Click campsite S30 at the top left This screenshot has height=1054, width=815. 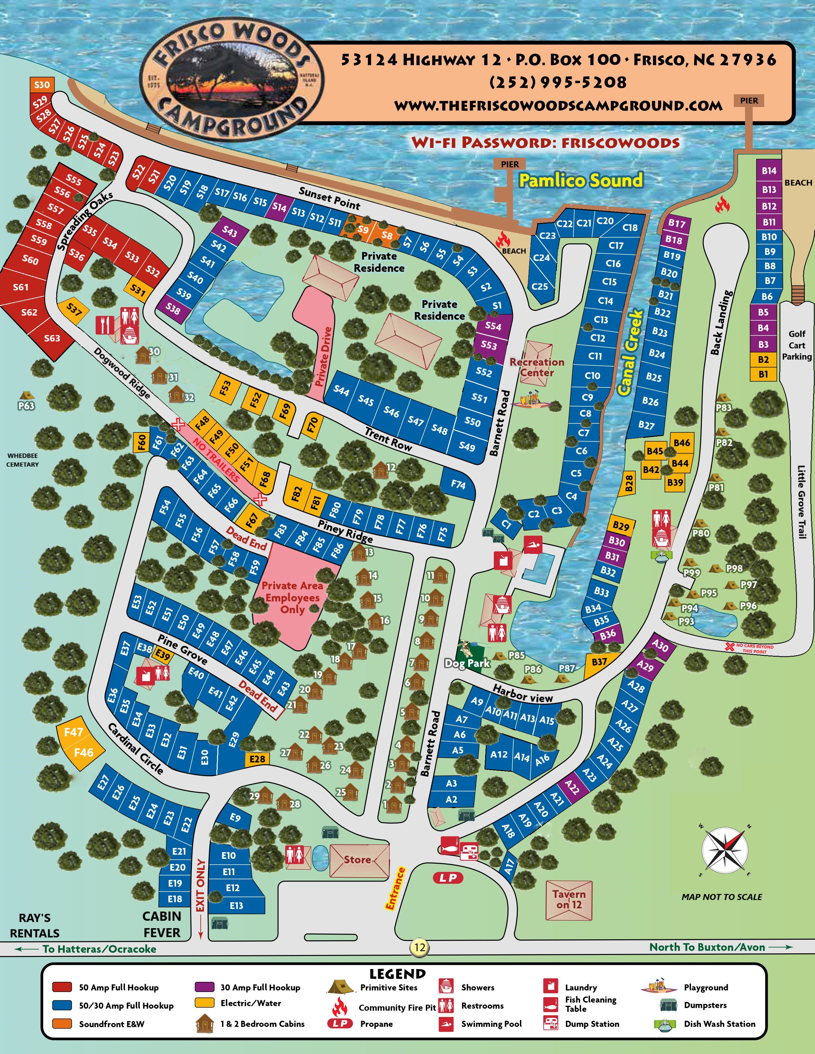click(x=42, y=85)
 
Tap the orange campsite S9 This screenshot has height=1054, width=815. click(x=363, y=230)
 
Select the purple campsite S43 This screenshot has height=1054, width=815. click(x=229, y=232)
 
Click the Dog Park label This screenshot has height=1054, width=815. click(x=467, y=663)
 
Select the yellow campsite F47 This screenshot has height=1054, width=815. click(x=74, y=732)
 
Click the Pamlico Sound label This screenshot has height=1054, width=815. click(x=581, y=180)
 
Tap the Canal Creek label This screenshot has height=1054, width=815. click(x=631, y=353)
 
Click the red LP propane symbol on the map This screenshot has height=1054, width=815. click(x=448, y=878)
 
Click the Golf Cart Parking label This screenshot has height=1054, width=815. click(x=797, y=345)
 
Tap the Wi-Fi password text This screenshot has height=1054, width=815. click(x=545, y=142)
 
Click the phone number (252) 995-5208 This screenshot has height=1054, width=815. click(x=558, y=82)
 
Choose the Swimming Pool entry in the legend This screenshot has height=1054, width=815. click(x=491, y=1024)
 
